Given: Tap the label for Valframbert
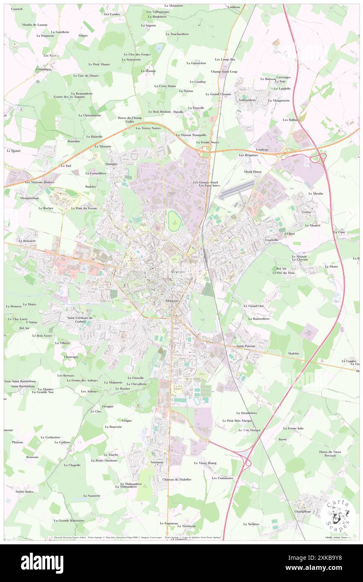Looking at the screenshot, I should (247, 100).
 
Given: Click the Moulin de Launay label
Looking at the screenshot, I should (35, 25).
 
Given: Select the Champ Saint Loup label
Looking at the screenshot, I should (224, 71).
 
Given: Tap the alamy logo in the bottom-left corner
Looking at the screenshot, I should (42, 563).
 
